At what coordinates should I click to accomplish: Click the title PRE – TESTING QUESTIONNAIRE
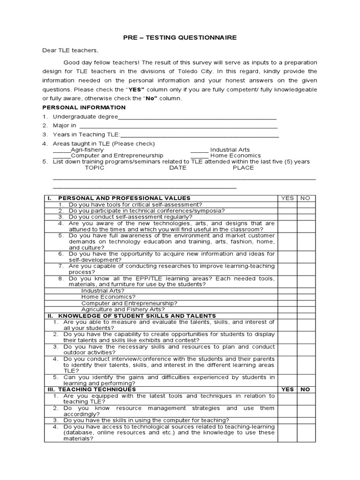tap(180, 37)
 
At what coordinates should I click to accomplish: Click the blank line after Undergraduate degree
tap(197, 118)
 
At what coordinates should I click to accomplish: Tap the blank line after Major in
tap(178, 126)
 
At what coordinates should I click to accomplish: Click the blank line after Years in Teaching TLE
tap(199, 135)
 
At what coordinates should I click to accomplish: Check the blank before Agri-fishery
tap(61, 150)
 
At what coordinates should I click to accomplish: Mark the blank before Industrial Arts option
tap(199, 150)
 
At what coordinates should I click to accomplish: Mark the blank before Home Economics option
tap(199, 156)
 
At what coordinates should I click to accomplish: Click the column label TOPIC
tap(95, 167)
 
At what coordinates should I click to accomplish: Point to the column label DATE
tap(178, 167)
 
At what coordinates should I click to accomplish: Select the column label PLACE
tap(243, 167)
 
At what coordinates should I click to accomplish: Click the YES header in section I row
tap(287, 198)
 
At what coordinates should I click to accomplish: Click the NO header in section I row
tap(305, 198)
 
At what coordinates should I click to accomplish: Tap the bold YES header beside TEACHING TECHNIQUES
tap(287, 390)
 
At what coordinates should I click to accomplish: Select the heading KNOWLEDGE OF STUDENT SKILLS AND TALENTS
tap(137, 316)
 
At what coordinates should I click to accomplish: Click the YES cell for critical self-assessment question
tap(287, 204)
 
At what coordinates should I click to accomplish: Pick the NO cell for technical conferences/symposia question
tap(305, 211)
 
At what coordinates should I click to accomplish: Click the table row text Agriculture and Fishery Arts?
tap(123, 309)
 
